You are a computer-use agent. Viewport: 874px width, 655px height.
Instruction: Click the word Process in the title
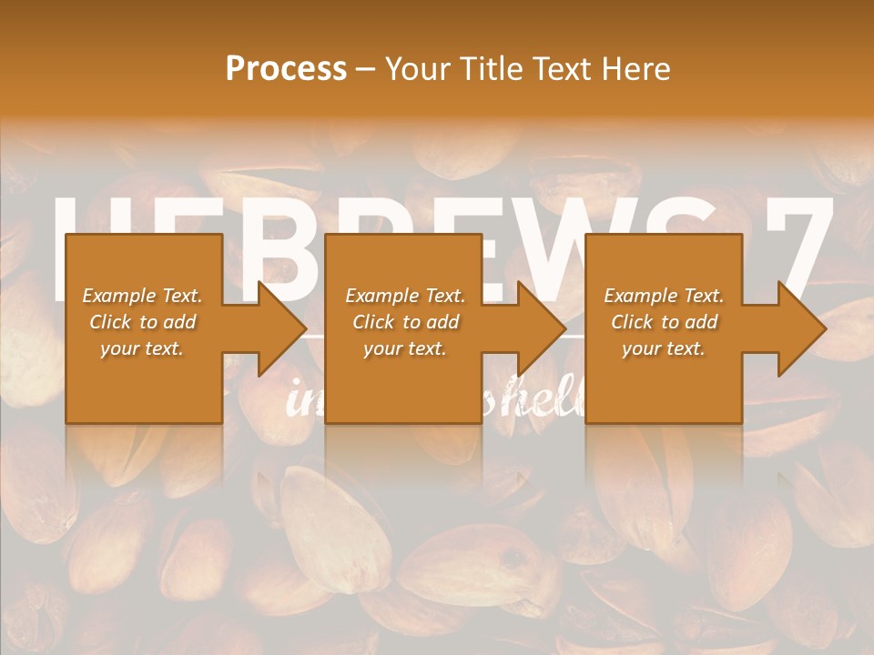tap(286, 69)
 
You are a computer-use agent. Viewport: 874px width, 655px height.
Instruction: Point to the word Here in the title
tap(637, 69)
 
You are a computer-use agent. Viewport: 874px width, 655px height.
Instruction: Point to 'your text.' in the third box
tap(663, 348)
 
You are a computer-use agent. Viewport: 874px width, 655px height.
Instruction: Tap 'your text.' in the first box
tap(142, 348)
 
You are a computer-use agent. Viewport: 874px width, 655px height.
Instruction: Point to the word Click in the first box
tap(111, 322)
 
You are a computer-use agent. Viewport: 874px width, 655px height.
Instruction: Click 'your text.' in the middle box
tap(404, 348)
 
